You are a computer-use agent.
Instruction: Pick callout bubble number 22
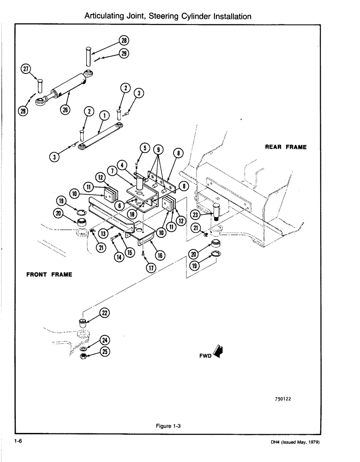click(x=105, y=313)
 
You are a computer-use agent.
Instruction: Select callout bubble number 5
click(x=145, y=148)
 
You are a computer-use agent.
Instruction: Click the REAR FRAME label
click(x=286, y=147)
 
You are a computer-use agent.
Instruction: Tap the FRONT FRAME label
click(x=49, y=274)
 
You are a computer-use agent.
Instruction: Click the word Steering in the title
click(x=169, y=16)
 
